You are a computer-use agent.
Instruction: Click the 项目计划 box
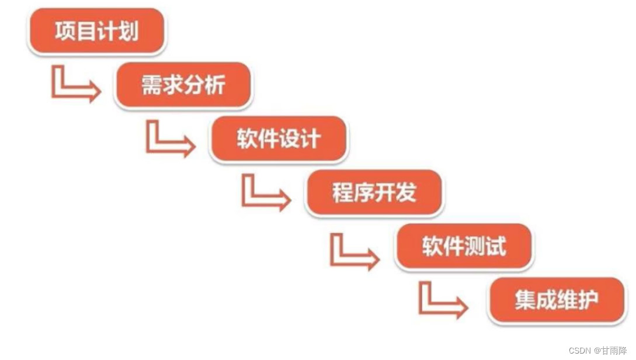[96, 31]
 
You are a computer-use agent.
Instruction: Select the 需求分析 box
[183, 85]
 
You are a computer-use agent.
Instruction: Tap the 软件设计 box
[279, 139]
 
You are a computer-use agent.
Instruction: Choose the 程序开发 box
[374, 192]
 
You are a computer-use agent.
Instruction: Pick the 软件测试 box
[464, 246]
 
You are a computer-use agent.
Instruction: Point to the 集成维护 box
[557, 300]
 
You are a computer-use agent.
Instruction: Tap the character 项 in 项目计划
[65, 31]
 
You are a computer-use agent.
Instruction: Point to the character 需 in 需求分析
[152, 85]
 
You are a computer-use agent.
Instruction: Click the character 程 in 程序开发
[342, 192]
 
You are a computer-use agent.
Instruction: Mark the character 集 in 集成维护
[525, 300]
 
